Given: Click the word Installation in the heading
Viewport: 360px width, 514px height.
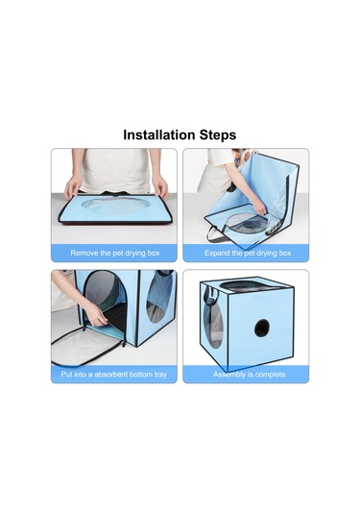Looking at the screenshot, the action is coord(158,135).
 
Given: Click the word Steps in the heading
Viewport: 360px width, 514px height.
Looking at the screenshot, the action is coord(218,135).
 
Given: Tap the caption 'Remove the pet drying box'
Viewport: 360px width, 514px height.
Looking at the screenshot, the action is coord(115,253).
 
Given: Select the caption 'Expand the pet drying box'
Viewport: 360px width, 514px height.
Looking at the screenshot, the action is coord(248,253).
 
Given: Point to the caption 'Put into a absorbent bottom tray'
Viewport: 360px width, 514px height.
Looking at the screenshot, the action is coord(114,375).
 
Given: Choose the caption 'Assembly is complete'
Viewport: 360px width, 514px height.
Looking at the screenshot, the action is coord(250,375).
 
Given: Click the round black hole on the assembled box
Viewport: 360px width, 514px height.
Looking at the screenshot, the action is coord(262,328).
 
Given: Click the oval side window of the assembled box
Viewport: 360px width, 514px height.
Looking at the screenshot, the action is coord(213,326).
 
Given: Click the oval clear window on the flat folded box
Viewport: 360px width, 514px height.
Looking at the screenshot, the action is coord(115,205).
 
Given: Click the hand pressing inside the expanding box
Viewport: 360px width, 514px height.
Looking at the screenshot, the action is coord(259,208).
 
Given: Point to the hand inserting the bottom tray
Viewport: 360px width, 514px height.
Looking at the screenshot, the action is coord(96,315).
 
